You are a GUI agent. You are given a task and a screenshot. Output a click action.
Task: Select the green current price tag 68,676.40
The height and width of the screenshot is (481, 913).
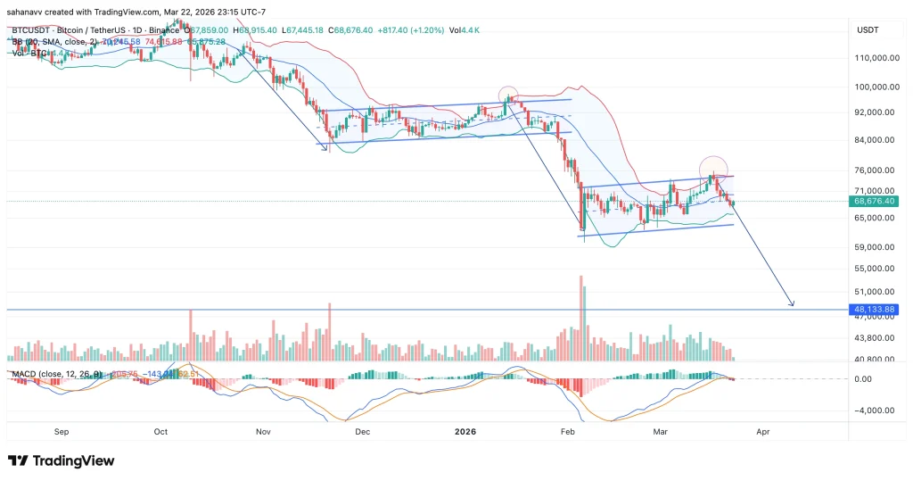point(876,202)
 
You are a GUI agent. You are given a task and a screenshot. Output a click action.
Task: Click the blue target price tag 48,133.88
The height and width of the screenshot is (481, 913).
point(876,310)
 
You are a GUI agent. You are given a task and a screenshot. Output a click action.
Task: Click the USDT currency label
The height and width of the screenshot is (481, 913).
point(868,29)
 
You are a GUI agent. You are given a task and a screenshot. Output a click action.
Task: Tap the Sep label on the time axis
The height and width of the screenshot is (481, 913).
point(61,430)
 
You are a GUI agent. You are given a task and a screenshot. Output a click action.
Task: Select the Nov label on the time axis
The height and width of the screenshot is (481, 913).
point(262,430)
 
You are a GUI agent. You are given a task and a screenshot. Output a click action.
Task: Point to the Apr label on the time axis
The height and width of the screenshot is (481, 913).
point(763,430)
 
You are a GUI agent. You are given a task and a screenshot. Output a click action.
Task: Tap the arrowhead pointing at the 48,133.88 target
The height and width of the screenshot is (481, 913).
point(791,305)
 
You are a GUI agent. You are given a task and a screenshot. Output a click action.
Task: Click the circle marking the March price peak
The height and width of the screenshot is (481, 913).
point(712,167)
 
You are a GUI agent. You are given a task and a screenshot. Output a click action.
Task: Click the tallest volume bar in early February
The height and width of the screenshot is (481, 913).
point(581,317)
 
